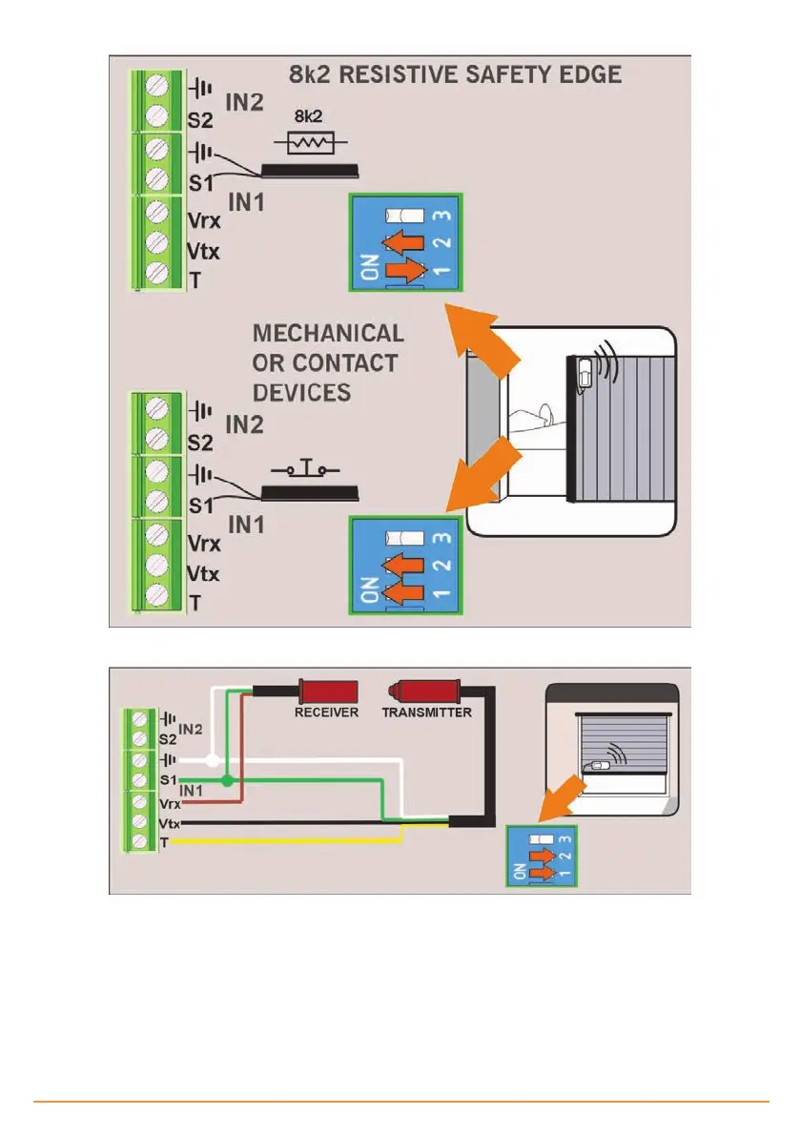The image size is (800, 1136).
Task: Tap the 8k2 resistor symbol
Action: [x=310, y=143]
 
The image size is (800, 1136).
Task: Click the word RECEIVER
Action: [x=326, y=713]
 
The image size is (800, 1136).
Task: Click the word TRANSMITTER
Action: [x=427, y=713]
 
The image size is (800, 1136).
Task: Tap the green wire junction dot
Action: [x=227, y=781]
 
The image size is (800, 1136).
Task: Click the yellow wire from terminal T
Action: [x=286, y=841]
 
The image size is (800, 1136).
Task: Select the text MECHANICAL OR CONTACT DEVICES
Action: [x=326, y=362]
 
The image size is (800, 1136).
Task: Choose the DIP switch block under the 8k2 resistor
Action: [x=405, y=242]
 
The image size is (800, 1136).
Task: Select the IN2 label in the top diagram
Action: [x=244, y=101]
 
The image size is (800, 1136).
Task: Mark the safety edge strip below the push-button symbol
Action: [x=311, y=493]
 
